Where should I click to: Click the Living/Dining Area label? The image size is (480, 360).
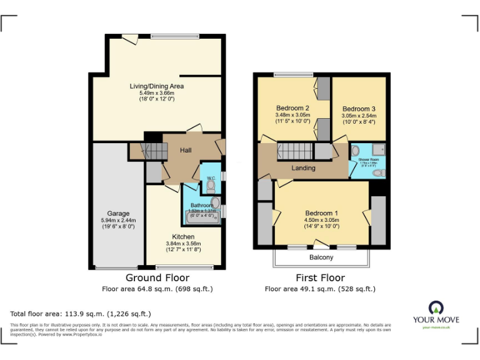156,86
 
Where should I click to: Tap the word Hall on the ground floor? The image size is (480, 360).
186,151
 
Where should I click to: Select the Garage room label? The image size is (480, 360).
118,213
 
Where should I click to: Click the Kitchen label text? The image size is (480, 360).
182,236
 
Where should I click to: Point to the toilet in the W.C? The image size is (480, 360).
211,185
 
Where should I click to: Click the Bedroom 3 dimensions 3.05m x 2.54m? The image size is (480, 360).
358,116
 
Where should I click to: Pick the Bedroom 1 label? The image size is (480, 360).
321,211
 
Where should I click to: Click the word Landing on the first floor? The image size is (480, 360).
303,168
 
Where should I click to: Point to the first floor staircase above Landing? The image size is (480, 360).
294,151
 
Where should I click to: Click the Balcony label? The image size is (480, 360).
321,257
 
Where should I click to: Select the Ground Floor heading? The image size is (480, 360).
157,278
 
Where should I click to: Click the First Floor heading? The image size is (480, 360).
320,278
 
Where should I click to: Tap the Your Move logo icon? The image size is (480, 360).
436,307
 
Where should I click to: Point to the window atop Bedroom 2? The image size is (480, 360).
293,75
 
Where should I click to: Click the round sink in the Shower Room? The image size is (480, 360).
355,151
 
